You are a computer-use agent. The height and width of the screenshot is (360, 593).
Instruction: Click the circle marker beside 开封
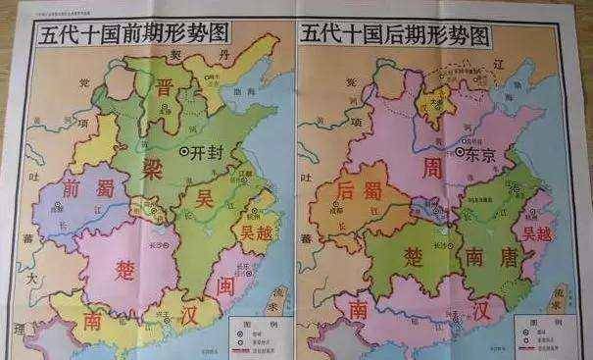tap(186, 151)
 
